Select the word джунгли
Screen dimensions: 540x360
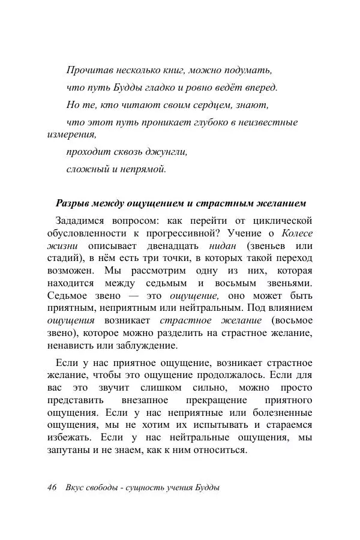(167, 152)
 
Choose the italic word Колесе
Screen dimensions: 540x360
(298, 233)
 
